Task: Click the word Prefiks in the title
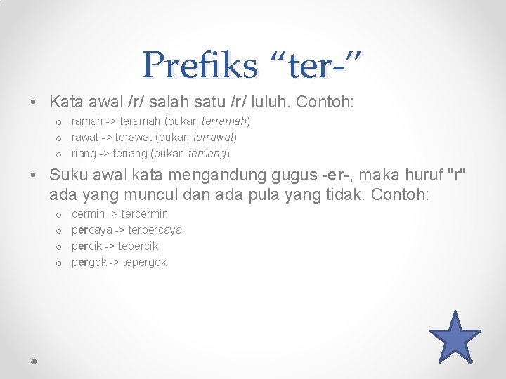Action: [x=199, y=65]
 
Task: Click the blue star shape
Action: [x=455, y=338]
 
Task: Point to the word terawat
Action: [x=139, y=137]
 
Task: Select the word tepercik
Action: [x=138, y=246]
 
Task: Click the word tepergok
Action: [x=144, y=262]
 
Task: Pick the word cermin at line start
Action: [x=88, y=213]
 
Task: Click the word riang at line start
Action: [x=84, y=153]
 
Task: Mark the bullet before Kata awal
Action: [x=34, y=103]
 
